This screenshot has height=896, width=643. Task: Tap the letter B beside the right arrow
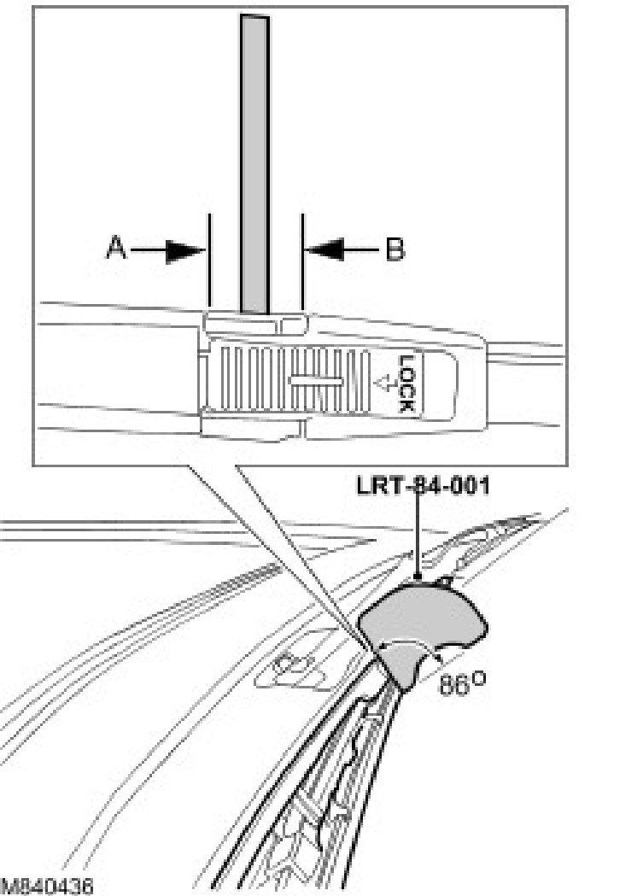[395, 249]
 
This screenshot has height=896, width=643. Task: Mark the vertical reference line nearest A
[208, 256]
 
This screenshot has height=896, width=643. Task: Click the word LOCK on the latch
[406, 384]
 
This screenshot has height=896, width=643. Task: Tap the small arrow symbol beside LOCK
[383, 384]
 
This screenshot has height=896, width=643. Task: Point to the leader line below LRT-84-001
[417, 538]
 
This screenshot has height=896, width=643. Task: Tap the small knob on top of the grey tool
[445, 582]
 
